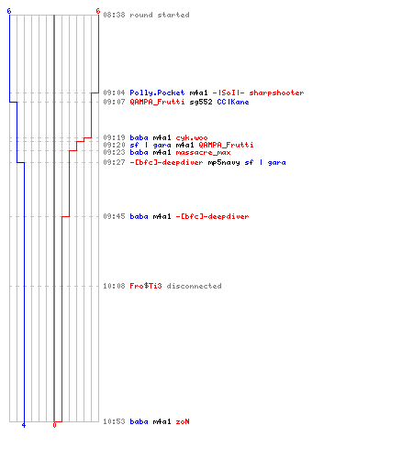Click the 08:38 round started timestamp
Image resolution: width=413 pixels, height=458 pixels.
[114, 15]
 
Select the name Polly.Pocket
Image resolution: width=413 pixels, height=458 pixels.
[157, 93]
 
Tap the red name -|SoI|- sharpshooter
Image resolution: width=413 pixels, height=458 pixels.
[258, 93]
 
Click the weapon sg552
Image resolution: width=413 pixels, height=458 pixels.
[201, 102]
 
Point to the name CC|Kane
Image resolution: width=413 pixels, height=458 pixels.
[233, 102]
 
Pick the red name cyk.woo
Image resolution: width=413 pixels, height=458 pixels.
[192, 137]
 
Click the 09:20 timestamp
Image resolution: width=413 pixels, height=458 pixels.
[114, 145]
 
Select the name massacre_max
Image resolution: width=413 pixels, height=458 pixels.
[203, 152]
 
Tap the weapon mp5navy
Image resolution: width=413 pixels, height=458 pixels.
[224, 163]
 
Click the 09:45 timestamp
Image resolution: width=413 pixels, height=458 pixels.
[114, 216]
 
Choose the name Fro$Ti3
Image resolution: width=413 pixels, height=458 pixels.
[146, 286]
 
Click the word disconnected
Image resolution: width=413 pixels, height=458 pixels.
[194, 286]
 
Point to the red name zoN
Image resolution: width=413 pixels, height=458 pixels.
[183, 421]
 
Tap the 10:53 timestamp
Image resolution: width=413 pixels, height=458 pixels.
[114, 421]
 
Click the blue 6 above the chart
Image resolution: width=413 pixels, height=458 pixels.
[9, 11]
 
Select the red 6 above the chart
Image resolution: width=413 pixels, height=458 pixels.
[98, 11]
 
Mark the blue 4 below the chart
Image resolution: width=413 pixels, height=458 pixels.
[24, 425]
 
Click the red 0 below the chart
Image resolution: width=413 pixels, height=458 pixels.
[54, 425]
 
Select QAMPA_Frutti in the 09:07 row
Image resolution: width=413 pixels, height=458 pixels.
[157, 102]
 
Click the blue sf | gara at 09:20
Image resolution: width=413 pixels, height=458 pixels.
[151, 145]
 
